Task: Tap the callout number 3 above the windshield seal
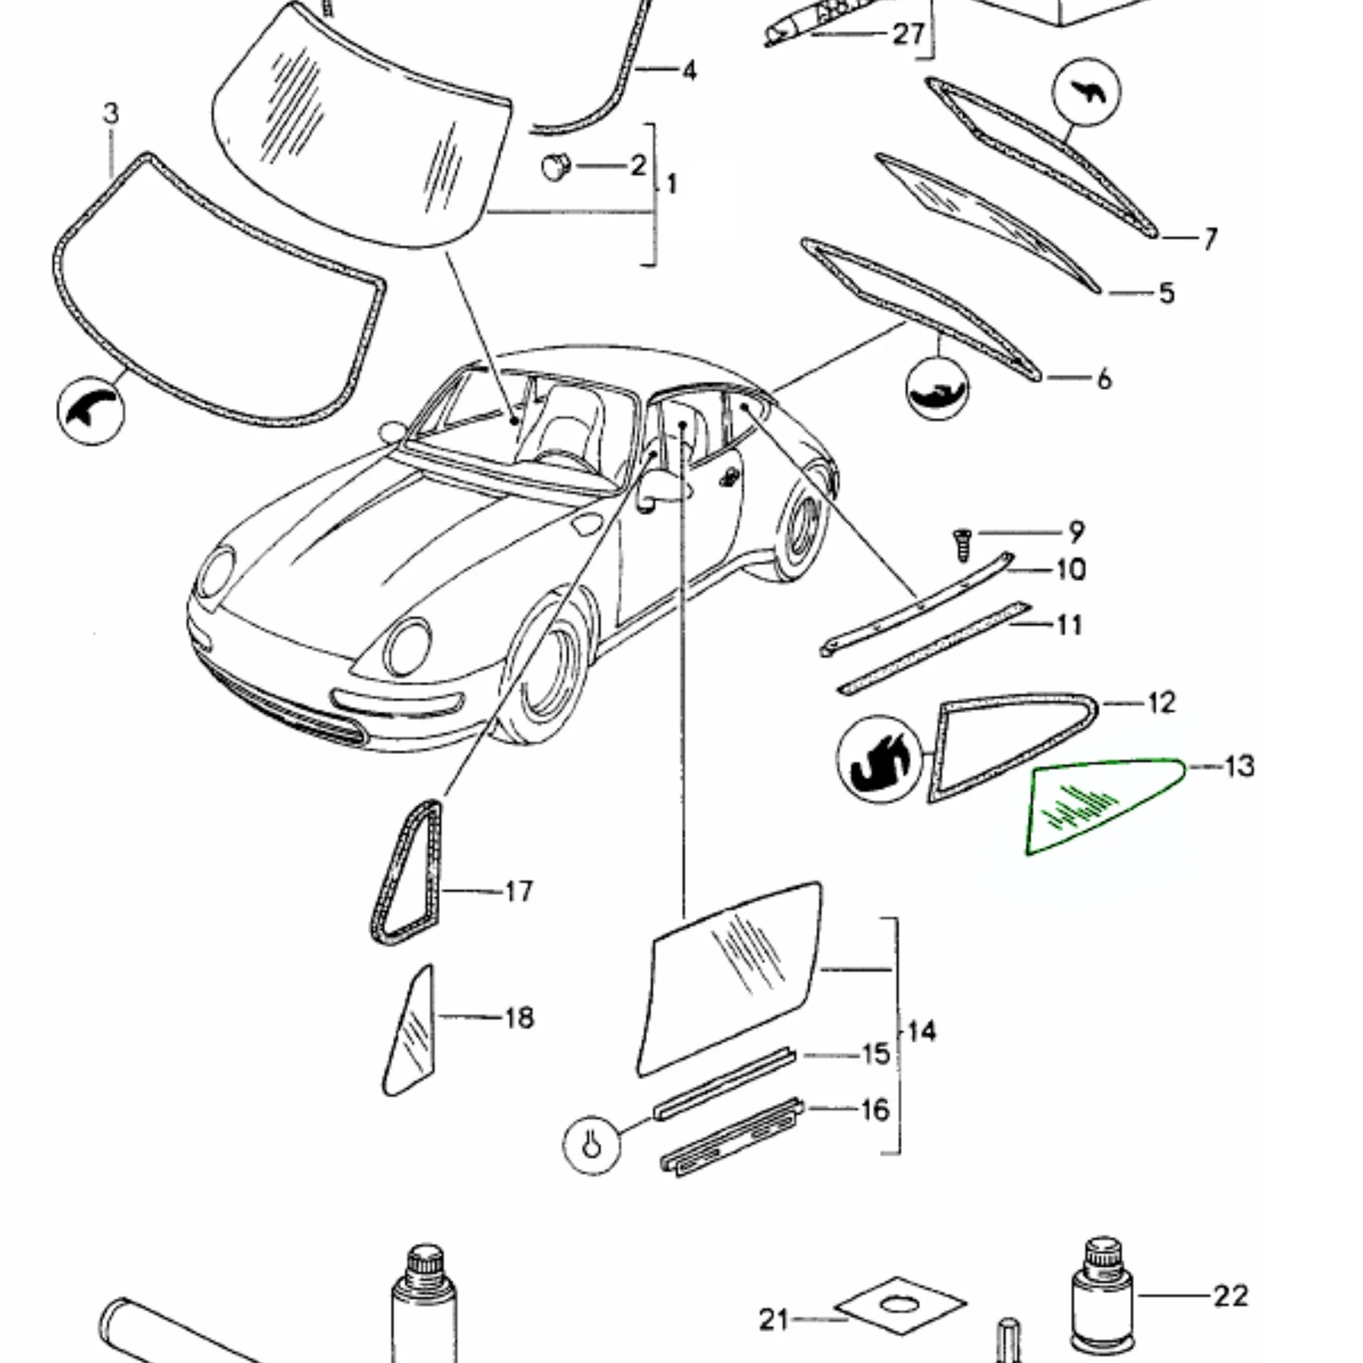coord(110,114)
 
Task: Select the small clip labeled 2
coord(556,167)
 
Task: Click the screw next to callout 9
coord(963,544)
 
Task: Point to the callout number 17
coord(518,892)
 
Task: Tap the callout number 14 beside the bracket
coord(920,1032)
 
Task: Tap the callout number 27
coord(908,34)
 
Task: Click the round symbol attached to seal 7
coord(1085,93)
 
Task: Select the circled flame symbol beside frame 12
coord(879,759)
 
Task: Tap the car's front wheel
coord(547,670)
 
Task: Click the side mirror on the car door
coord(653,487)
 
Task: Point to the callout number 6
coord(1104,379)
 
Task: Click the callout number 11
coord(1069,624)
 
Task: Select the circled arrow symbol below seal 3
coord(91,411)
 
